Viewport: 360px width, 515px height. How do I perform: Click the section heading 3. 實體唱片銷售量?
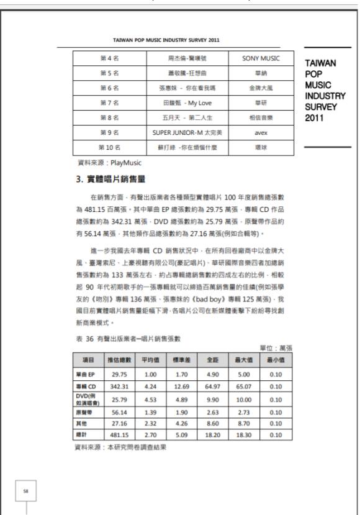(x=109, y=180)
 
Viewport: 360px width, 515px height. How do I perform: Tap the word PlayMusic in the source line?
(x=125, y=163)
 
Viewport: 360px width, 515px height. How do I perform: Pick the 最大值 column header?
(x=241, y=359)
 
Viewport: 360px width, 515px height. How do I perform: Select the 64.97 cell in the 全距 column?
(x=210, y=386)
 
